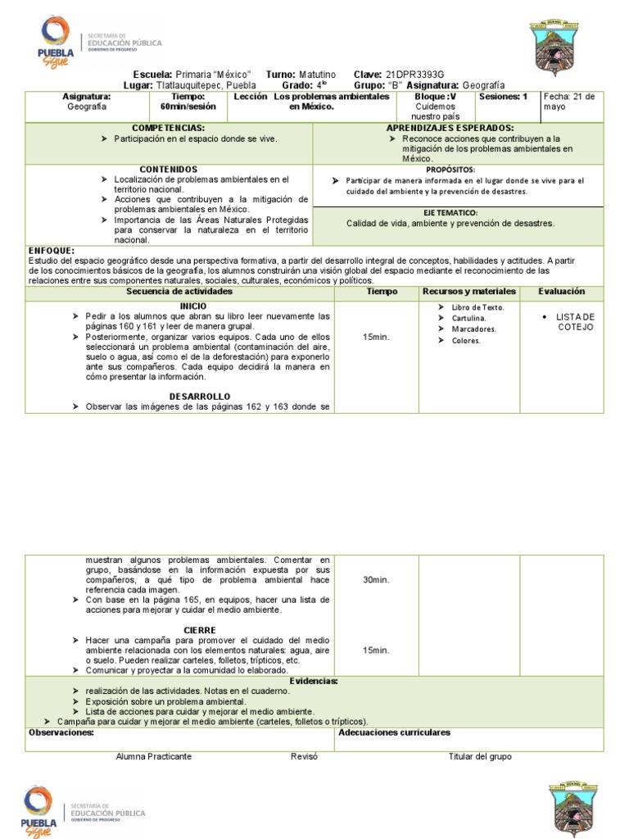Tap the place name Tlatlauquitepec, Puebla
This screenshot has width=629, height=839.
[206, 85]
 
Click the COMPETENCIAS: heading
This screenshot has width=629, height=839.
[168, 129]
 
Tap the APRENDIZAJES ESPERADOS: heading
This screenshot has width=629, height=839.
[450, 129]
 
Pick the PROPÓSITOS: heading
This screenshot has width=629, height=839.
[450, 169]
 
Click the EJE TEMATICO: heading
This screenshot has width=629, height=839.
[450, 212]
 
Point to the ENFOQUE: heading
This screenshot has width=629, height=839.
[52, 250]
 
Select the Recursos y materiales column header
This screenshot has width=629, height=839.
[469, 292]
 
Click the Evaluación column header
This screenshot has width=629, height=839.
[561, 292]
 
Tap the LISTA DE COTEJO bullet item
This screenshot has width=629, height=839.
[575, 322]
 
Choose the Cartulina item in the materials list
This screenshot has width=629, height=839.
[468, 318]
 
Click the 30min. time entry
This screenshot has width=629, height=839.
[376, 580]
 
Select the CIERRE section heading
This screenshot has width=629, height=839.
[200, 630]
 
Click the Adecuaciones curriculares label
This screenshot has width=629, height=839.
[394, 733]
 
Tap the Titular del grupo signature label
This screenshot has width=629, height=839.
[480, 757]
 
